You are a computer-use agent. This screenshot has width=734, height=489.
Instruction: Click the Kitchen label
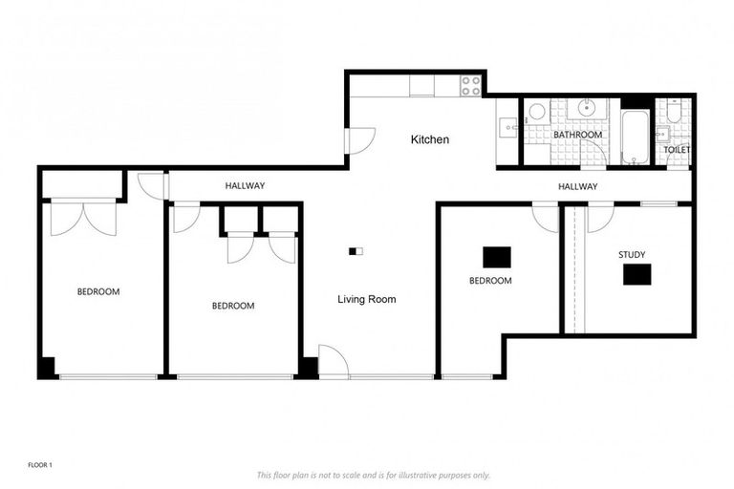click(x=429, y=140)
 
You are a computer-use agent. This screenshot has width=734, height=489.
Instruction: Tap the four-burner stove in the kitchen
click(x=470, y=85)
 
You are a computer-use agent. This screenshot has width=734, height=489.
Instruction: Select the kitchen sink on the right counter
click(x=507, y=124)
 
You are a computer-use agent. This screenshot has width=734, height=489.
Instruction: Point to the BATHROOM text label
click(x=577, y=135)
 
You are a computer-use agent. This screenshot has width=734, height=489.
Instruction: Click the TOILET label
click(x=677, y=150)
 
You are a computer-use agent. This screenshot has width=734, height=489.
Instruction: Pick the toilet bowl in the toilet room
click(x=674, y=117)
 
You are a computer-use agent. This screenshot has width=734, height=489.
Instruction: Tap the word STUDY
click(x=631, y=255)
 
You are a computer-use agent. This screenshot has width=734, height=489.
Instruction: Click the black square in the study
click(x=637, y=274)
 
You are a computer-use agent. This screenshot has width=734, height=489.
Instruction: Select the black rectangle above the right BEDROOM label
click(x=496, y=257)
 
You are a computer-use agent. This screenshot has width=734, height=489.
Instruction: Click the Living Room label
click(x=366, y=299)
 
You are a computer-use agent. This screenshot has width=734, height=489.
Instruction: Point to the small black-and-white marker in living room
click(x=356, y=251)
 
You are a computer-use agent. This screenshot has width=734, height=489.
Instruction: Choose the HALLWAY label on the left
click(x=245, y=185)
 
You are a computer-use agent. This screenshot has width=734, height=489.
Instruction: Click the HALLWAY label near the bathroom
click(x=577, y=187)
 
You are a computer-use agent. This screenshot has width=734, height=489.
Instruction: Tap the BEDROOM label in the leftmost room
click(x=98, y=291)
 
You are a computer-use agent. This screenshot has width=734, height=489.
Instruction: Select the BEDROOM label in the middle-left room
click(x=232, y=306)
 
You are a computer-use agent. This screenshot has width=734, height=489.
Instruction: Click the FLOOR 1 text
click(x=38, y=465)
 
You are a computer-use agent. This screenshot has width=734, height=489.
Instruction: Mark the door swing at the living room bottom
click(x=331, y=362)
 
